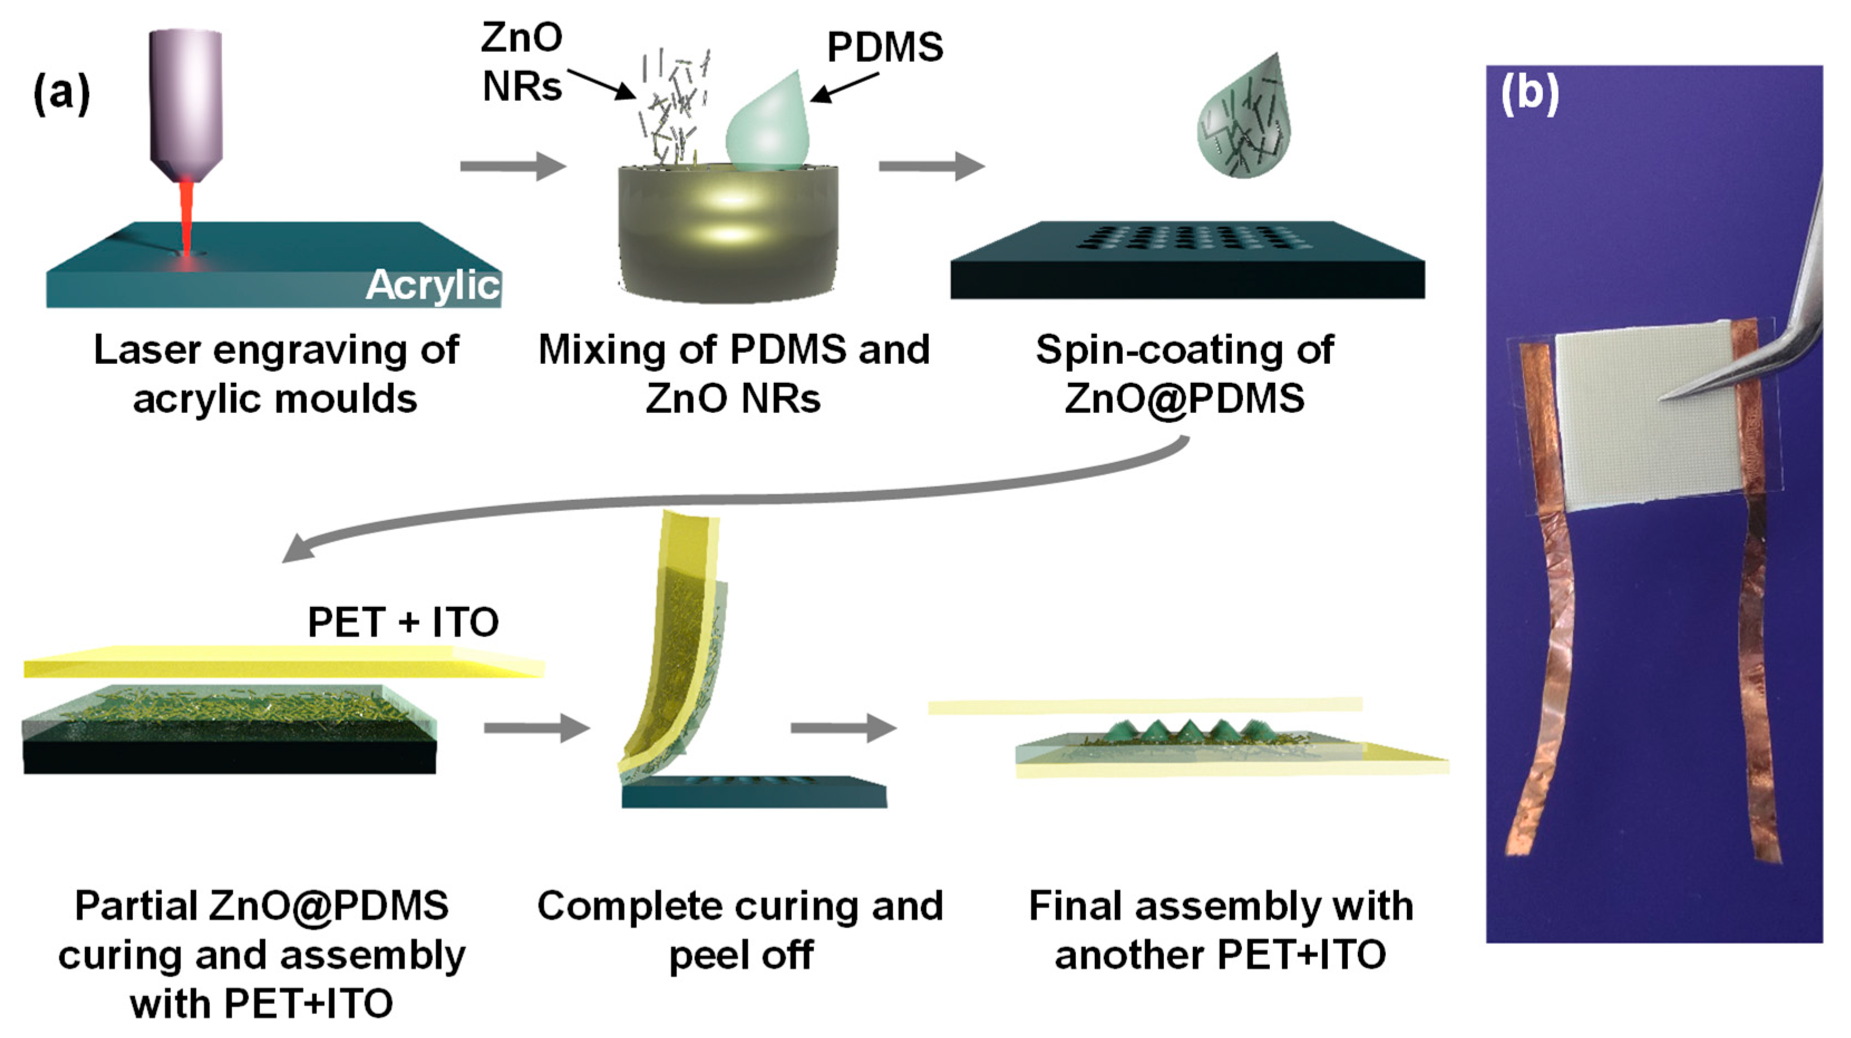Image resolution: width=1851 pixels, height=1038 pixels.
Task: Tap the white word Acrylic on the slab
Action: [432, 285]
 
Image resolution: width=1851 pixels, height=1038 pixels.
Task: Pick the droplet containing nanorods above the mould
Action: [1244, 122]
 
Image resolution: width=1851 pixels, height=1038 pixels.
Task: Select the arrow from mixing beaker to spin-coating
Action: [931, 166]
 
